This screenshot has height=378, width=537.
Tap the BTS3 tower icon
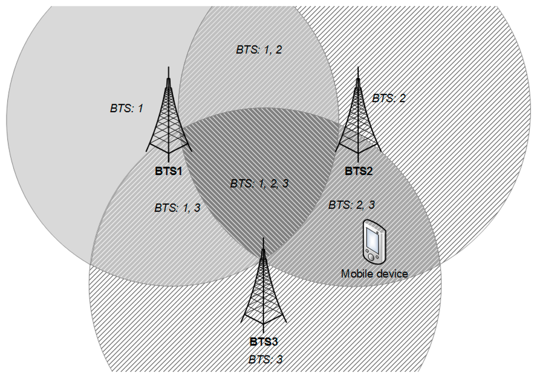coord(263,288)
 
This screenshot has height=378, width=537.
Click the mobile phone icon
coord(374,242)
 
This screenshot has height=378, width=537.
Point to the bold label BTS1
coord(168,171)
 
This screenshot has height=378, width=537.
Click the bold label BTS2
coord(359,171)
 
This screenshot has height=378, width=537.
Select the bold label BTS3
coord(263,342)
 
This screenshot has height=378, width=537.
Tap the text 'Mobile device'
coord(374,273)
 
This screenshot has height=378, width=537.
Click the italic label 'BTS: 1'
coord(126,109)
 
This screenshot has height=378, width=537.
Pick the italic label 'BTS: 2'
coord(389,98)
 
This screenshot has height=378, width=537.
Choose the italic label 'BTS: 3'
coord(265,360)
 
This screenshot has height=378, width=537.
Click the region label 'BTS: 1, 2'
coord(259,50)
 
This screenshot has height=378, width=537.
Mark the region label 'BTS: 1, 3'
coord(177,208)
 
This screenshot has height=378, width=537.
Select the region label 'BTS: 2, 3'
coord(351,205)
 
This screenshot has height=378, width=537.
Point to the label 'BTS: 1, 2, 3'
coord(259,184)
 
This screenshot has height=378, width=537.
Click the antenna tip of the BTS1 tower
coord(168,68)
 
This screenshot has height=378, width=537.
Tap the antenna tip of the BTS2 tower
coord(358,68)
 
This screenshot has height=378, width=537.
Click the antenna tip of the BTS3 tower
coord(263,239)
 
